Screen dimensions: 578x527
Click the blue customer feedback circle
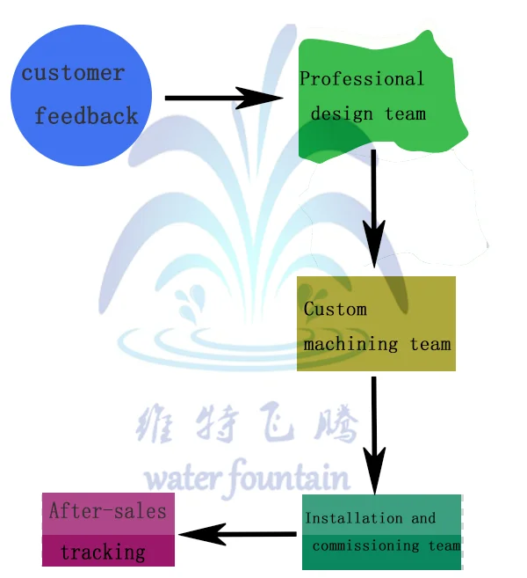click(81, 94)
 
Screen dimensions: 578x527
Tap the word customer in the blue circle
click(73, 73)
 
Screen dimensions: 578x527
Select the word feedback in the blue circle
click(86, 115)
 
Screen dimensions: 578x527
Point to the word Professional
click(362, 79)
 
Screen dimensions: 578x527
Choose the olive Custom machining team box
click(376, 324)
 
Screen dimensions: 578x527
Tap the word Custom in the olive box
click(335, 309)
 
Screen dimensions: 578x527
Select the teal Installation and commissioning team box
click(381, 531)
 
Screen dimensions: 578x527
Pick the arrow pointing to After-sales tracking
click(237, 533)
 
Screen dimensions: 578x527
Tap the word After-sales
click(107, 510)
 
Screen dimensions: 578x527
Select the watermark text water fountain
click(247, 477)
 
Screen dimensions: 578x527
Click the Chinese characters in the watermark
click(248, 425)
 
